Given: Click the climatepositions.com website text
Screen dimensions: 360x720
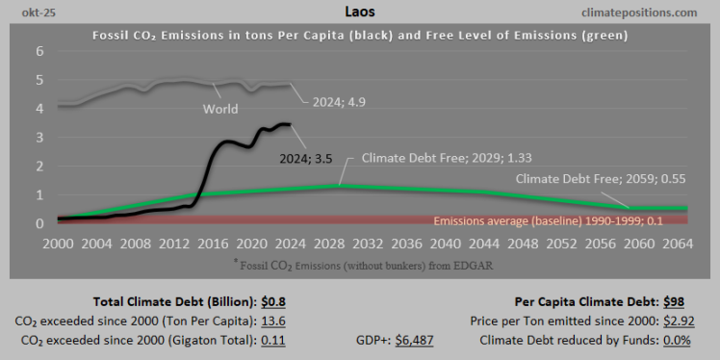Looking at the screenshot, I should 639,12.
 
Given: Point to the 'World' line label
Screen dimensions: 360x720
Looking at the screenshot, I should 220,109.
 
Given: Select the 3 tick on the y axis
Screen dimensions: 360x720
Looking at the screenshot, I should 39,138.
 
